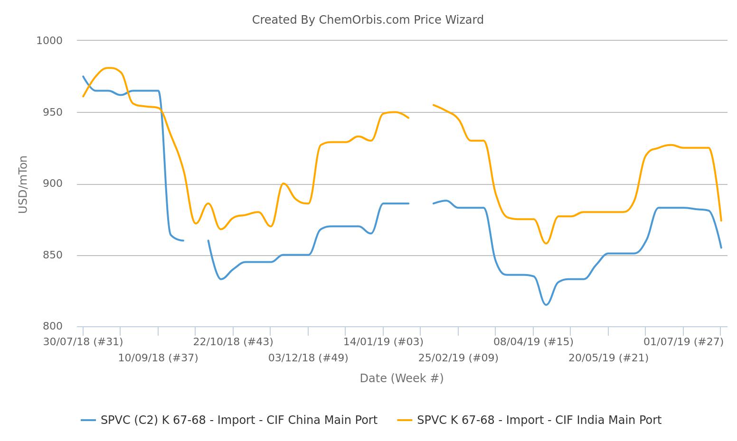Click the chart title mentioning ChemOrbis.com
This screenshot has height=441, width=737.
click(368, 20)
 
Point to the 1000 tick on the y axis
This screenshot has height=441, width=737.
click(49, 41)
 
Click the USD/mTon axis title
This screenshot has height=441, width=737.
click(23, 184)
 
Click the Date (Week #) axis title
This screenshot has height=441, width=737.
click(402, 378)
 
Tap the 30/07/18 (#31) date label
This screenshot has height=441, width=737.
click(83, 342)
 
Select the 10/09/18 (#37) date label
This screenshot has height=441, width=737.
click(158, 358)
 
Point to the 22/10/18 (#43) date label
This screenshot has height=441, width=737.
click(233, 342)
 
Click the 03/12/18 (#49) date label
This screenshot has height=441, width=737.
click(308, 358)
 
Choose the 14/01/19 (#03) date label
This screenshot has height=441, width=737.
click(383, 342)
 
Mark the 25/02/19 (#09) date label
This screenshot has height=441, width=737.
click(458, 358)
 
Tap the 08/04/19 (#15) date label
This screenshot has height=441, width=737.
click(533, 342)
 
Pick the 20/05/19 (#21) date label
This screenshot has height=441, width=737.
click(608, 358)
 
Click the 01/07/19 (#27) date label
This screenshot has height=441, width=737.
click(683, 342)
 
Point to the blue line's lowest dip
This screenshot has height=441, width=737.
click(546, 304)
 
